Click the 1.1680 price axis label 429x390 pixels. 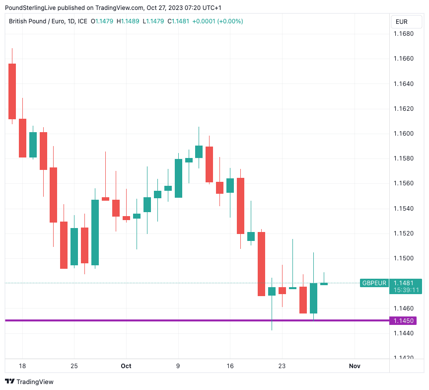(x=403, y=34)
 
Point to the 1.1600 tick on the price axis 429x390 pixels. (x=403, y=134)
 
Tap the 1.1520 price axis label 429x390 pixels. (x=403, y=234)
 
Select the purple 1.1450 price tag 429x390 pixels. (x=403, y=321)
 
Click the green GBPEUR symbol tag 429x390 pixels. (x=374, y=283)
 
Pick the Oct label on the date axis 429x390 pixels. (x=126, y=366)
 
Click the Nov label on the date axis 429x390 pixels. (x=355, y=366)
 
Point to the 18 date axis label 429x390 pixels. (x=22, y=366)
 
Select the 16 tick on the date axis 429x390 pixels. (x=230, y=366)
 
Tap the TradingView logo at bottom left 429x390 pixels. (x=29, y=382)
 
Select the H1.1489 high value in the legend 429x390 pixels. (x=128, y=21)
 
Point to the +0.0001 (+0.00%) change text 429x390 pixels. (x=217, y=21)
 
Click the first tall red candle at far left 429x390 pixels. (x=12, y=91)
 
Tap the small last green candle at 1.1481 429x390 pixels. (x=324, y=284)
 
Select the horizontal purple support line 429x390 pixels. (x=199, y=320)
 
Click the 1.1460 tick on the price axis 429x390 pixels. (x=403, y=309)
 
